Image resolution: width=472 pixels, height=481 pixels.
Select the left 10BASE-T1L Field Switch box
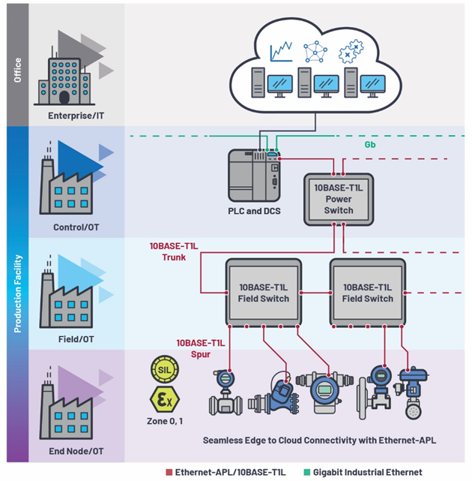click(264, 293)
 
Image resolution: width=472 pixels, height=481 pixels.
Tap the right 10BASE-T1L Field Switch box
click(368, 293)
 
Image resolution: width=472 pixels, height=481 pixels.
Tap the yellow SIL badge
click(163, 371)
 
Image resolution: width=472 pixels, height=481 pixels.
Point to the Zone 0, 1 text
click(163, 419)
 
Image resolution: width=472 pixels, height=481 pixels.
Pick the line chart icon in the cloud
click(280, 52)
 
